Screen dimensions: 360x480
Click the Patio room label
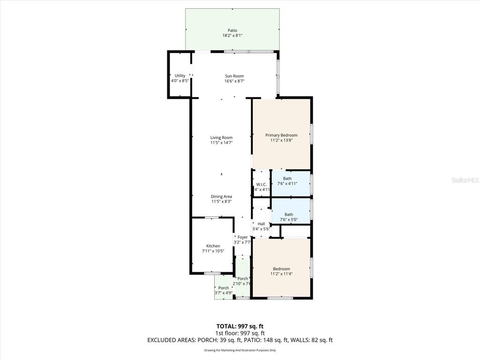point(232,30)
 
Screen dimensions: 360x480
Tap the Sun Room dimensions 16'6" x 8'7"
point(234,81)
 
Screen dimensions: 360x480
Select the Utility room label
point(180,75)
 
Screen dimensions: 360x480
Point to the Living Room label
point(221,138)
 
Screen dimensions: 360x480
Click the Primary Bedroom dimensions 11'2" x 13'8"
point(281,140)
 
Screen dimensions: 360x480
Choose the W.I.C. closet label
point(262,184)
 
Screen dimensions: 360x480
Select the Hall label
point(261,224)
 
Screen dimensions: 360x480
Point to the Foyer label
point(242,237)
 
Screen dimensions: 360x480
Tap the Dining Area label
point(221,196)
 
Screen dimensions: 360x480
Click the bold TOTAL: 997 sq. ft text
point(240,326)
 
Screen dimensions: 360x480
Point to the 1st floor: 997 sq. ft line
point(240,333)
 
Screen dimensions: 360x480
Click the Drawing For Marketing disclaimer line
point(240,350)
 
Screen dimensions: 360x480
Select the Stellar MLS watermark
point(465,180)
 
